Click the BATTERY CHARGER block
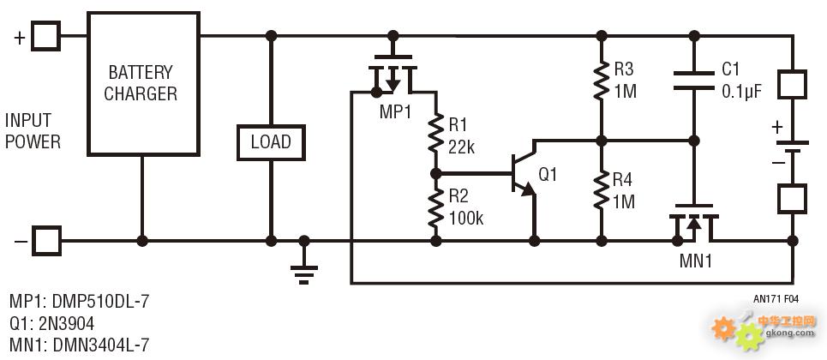click(143, 83)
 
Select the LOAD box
click(271, 142)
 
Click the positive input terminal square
click(46, 36)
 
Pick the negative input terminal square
click(46, 241)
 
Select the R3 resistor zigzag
click(602, 81)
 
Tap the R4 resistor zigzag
click(602, 190)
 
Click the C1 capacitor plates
click(694, 81)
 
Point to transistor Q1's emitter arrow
click(527, 189)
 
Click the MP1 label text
click(395, 111)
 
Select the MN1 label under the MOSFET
click(695, 261)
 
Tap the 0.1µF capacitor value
click(742, 92)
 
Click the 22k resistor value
click(462, 147)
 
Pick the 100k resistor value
click(466, 218)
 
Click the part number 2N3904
click(66, 323)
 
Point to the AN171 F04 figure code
click(776, 299)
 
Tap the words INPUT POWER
click(33, 131)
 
